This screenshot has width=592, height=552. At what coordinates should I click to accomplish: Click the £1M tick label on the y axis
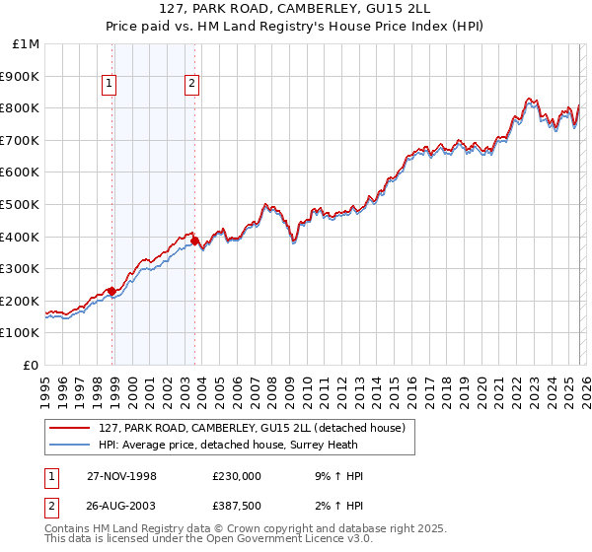tap(27, 44)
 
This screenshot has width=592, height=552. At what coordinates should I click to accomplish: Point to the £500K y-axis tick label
tap(22, 205)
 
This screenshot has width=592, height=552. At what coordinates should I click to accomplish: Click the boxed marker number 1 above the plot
tap(109, 84)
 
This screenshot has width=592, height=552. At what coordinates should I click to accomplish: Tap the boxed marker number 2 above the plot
tap(191, 84)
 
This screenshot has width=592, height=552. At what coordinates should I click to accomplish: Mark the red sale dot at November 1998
tap(112, 291)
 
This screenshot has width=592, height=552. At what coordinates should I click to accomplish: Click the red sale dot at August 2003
tap(195, 241)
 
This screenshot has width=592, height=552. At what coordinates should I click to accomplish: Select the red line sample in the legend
tap(71, 427)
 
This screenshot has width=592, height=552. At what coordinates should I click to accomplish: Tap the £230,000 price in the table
tap(237, 476)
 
